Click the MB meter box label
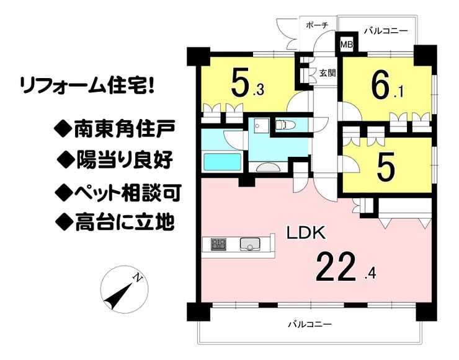[345, 45]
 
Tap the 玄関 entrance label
[328, 72]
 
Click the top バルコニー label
[385, 30]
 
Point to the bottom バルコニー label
[310, 324]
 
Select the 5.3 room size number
[248, 86]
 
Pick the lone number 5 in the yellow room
[385, 166]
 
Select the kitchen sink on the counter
[251, 244]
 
